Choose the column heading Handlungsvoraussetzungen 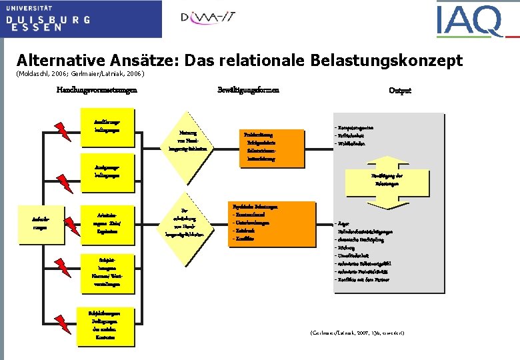(96, 90)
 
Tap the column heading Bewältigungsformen (248, 90)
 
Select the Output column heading (399, 91)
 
